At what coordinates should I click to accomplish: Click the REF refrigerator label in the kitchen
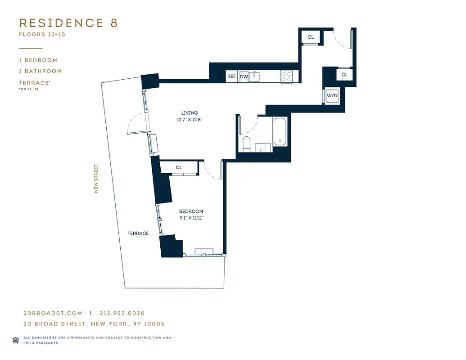point(231,76)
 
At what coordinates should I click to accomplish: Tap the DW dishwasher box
point(244,76)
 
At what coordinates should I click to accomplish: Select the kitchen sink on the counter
point(255,76)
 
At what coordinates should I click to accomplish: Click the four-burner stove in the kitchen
point(286,76)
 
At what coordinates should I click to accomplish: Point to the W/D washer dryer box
point(332,96)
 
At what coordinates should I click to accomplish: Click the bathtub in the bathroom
point(280,131)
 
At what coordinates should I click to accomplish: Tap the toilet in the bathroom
point(246,144)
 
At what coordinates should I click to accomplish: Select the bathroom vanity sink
point(262,148)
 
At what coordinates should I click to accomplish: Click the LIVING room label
point(190,113)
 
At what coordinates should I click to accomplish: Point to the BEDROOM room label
point(191,211)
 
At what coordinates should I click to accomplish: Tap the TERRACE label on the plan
point(138,233)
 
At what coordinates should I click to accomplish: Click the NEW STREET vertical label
point(96,179)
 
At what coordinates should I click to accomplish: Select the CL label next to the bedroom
point(179,167)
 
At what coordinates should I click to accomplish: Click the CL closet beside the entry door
point(311,37)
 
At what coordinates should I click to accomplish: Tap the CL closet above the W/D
point(344,75)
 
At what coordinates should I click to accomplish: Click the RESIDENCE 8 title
point(68,23)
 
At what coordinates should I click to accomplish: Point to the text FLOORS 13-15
point(42,34)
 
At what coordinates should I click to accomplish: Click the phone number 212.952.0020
point(122,313)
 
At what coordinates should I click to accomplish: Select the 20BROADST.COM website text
point(53,313)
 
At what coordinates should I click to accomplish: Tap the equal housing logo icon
point(15,340)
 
